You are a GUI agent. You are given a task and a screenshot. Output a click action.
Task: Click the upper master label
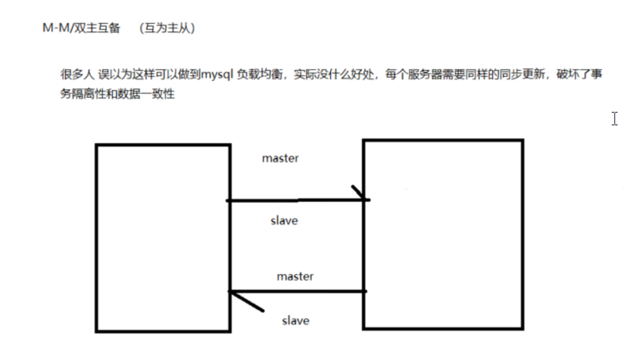click(280, 158)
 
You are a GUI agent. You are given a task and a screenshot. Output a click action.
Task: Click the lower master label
click(295, 276)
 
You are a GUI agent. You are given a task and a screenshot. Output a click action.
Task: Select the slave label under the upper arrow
click(284, 221)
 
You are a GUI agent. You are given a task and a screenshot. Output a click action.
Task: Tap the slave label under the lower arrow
click(295, 321)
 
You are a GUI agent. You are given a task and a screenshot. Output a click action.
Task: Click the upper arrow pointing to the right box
click(297, 200)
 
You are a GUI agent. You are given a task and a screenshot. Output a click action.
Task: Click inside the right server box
click(443, 234)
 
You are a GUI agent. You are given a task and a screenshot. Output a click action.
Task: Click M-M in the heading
click(54, 28)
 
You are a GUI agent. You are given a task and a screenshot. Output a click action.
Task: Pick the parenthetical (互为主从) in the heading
click(167, 28)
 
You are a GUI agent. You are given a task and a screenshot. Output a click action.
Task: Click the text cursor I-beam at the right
click(615, 118)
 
